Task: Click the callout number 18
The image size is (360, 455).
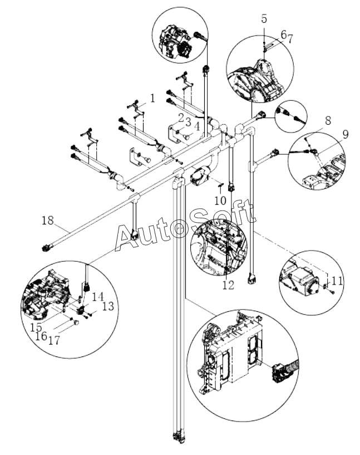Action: point(48,221)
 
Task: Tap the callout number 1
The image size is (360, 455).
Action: point(152,99)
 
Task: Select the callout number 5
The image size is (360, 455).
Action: point(264,18)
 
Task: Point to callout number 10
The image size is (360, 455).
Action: point(220,200)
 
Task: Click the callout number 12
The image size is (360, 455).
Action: point(228,285)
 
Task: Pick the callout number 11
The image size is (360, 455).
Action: point(337,281)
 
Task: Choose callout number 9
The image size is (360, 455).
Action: point(346,134)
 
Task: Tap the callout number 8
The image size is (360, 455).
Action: point(328,121)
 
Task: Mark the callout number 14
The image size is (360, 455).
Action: point(98,296)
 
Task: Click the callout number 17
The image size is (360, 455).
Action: point(54,340)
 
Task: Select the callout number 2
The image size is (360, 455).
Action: point(181,118)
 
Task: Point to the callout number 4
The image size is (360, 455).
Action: point(197,126)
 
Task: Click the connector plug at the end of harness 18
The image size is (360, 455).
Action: point(47,248)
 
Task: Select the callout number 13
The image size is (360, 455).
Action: point(108,306)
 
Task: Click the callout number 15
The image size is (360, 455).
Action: point(36,327)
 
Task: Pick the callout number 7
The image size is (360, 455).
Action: point(290,39)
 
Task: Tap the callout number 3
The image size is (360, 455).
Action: point(189,122)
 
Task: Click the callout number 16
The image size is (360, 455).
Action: point(41,336)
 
